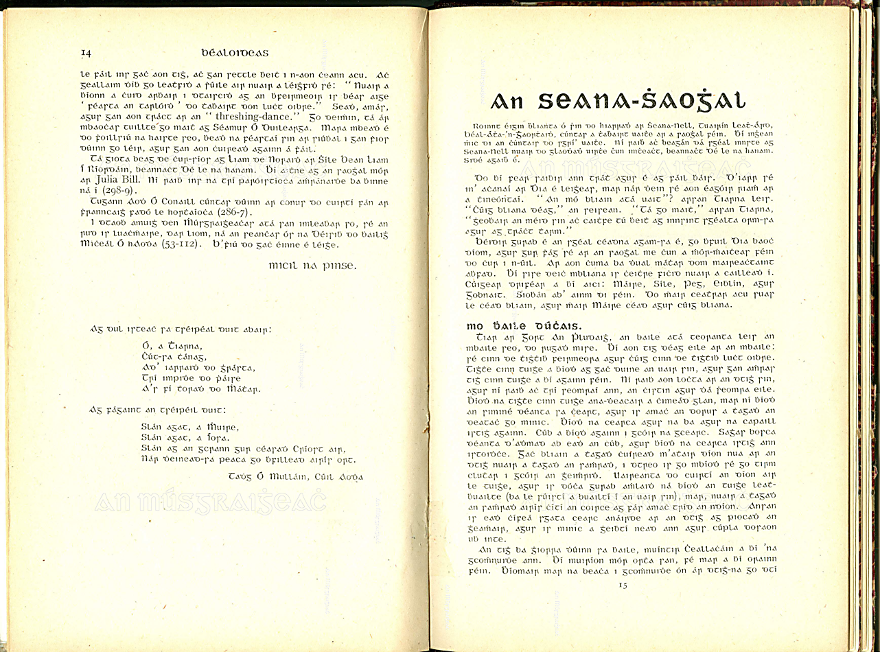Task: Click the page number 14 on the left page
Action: coord(86,53)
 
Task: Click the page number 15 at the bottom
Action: coord(623,585)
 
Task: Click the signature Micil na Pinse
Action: coord(312,265)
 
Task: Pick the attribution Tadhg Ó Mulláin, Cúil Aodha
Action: coord(296,476)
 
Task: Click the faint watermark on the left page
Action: coord(210,502)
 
